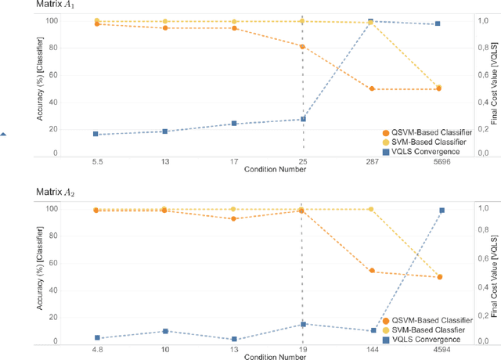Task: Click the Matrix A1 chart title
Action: [57, 5]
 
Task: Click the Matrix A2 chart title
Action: [57, 193]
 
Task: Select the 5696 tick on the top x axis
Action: [439, 160]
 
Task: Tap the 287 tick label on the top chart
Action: [371, 160]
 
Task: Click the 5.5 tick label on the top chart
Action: [96, 160]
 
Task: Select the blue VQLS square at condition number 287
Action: [371, 21]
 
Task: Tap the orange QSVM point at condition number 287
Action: [371, 89]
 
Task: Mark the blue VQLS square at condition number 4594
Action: [442, 211]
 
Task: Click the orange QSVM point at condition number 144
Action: [371, 271]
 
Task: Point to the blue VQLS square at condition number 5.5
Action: [96, 134]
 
